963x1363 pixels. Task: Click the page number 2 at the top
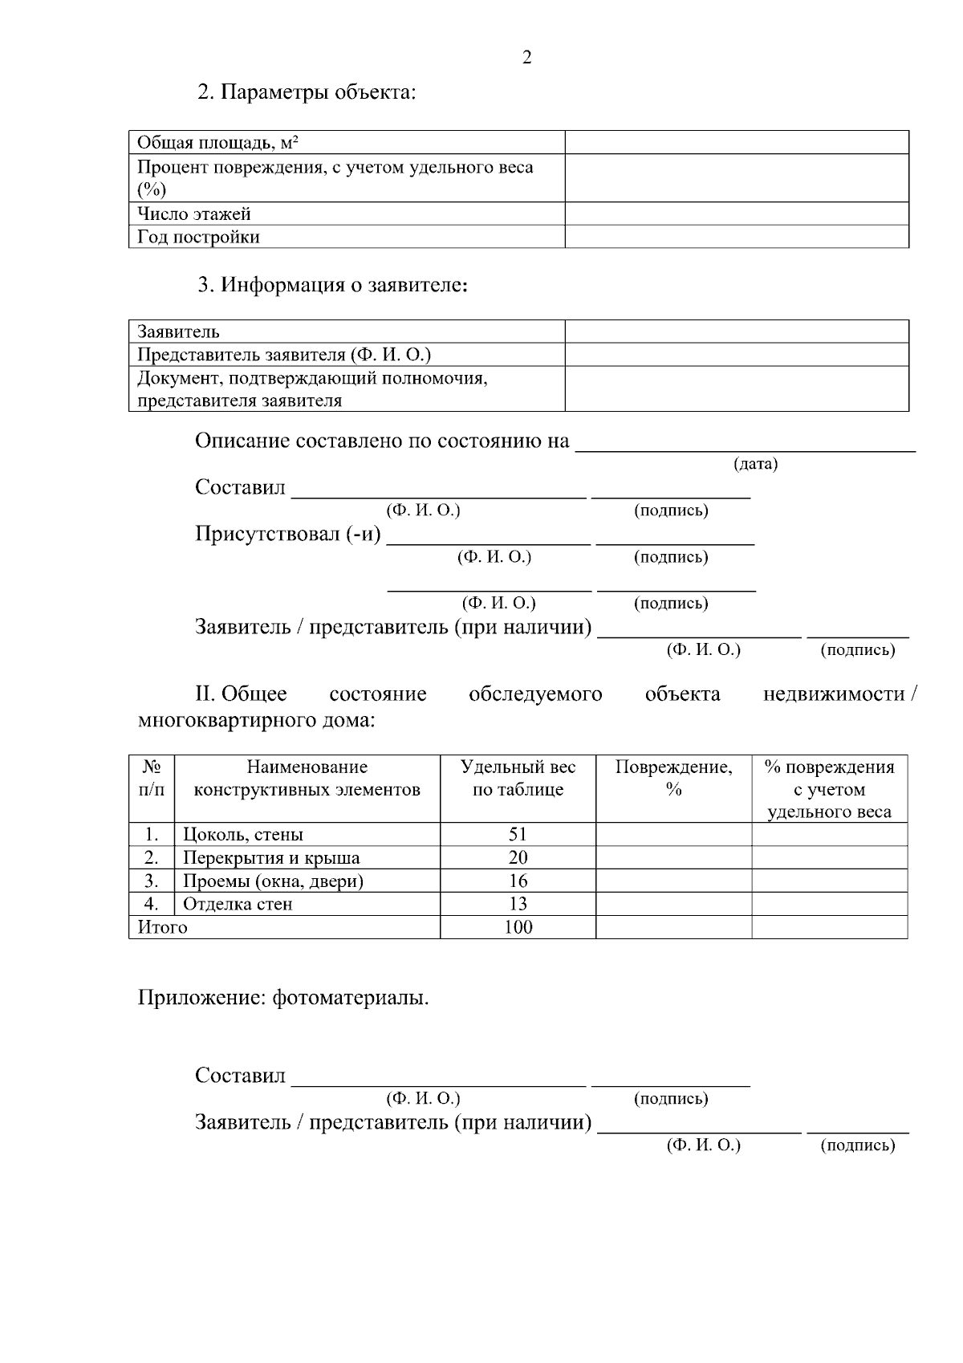point(526,58)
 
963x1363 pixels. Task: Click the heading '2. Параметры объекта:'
point(307,92)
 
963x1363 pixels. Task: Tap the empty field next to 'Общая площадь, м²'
point(736,143)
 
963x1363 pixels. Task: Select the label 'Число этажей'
point(194,214)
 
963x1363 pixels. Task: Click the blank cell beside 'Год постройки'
point(736,237)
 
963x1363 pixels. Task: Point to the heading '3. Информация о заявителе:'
point(333,285)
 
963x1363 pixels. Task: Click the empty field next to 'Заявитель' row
point(736,332)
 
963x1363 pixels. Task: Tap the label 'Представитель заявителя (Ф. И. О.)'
point(284,355)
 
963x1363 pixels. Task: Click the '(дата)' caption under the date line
point(755,464)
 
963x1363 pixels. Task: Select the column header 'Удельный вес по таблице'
point(518,778)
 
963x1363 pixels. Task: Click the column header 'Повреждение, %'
point(673,778)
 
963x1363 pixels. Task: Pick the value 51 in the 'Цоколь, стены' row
point(518,834)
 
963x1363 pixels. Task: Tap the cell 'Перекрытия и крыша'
point(271,857)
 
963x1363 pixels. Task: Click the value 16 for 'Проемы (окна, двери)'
point(518,881)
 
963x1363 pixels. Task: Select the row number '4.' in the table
point(152,904)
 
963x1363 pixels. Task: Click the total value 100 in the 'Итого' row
point(518,927)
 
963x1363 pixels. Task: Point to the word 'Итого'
point(163,927)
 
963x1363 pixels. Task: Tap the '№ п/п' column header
point(152,778)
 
